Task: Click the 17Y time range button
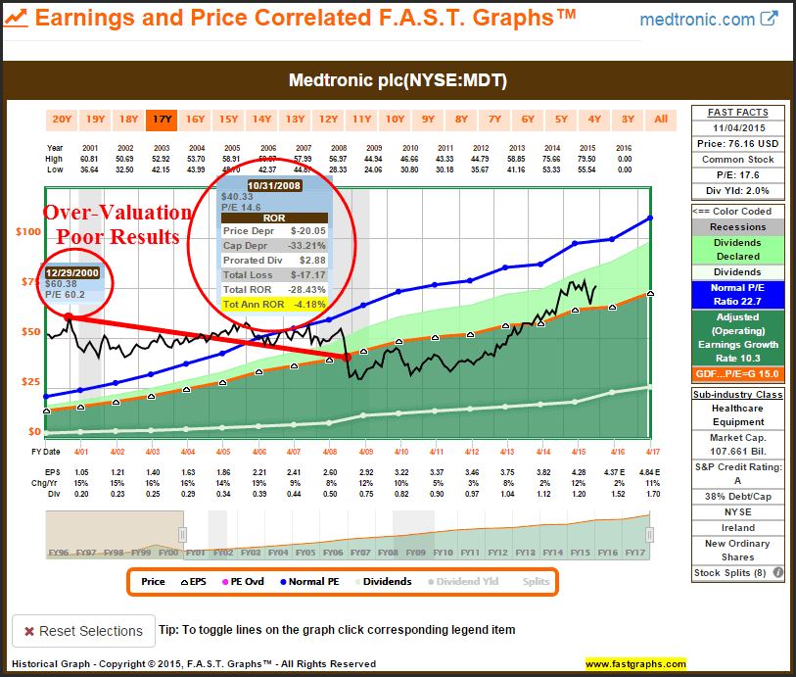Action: (x=162, y=120)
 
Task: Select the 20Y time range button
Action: (x=62, y=120)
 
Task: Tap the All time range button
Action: (x=661, y=120)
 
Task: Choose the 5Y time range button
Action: (x=561, y=120)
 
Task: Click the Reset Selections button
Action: (x=83, y=631)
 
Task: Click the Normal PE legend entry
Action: (x=311, y=581)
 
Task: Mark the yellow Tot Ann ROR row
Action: (x=272, y=305)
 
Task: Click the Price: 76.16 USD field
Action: (x=738, y=143)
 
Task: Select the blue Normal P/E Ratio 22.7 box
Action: (x=738, y=295)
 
